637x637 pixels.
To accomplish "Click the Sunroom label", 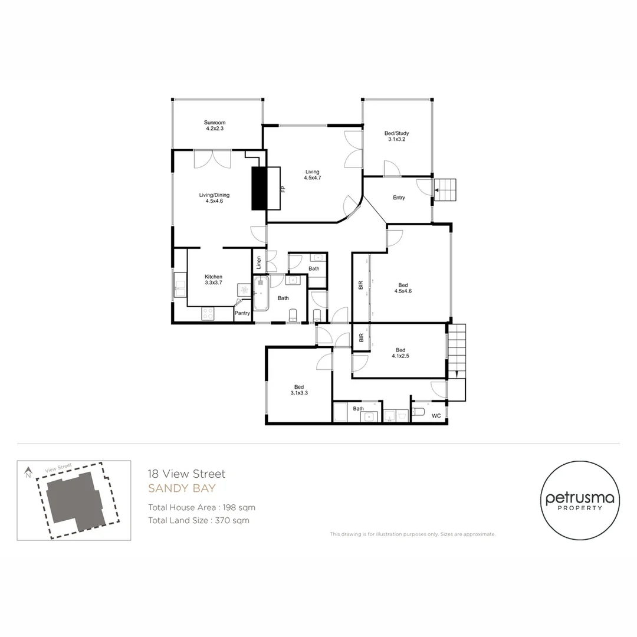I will pos(215,123).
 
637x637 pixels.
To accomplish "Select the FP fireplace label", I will pos(283,189).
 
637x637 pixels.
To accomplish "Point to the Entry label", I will pos(399,198).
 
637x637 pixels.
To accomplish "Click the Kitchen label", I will pos(214,277).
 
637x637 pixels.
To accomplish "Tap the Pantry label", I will pos(242,313).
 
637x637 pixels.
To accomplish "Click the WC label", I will pos(436,416).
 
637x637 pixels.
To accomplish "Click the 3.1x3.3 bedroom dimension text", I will pos(299,393).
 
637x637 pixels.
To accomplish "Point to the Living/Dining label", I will pos(214,195).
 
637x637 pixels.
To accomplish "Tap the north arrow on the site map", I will pos(28,472).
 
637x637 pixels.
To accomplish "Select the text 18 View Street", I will pos(186,474).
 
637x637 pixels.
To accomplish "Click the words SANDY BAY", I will pos(182,488).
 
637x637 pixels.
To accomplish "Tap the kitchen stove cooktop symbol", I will pos(208,314).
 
